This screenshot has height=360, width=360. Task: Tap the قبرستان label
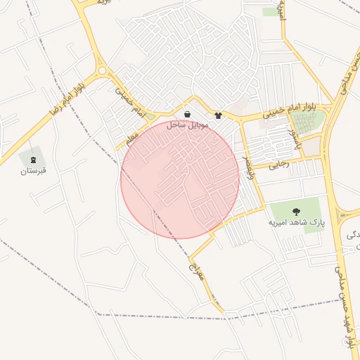click(x=33, y=170)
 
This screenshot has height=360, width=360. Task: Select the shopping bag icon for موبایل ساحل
click(x=187, y=114)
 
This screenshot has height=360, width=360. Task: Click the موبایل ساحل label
click(x=186, y=124)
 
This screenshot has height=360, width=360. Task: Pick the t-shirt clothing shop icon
click(x=218, y=115)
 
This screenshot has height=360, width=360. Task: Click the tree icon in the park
click(x=296, y=210)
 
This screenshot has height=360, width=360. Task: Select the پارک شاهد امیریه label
click(x=297, y=222)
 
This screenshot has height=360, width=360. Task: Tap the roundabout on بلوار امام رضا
click(x=103, y=70)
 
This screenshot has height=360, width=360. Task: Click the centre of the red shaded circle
click(x=181, y=179)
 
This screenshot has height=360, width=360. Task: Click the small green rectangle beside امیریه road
click(x=270, y=11)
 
